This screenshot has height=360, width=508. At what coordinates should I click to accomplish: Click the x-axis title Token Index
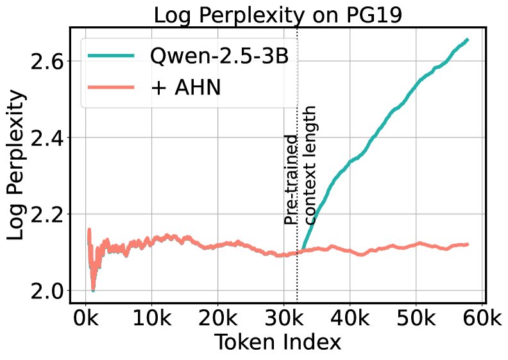point(277,343)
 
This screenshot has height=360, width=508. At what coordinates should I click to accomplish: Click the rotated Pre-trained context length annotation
point(301,166)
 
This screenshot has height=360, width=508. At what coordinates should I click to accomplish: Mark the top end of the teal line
point(467,40)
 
